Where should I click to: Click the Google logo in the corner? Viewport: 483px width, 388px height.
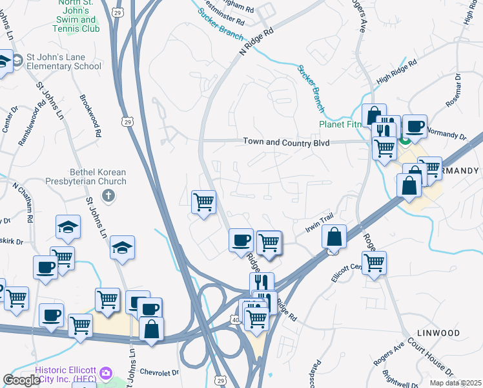click(x=21, y=380)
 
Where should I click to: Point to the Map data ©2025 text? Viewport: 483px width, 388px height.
click(x=456, y=383)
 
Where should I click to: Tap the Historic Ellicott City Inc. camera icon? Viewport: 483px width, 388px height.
click(x=105, y=374)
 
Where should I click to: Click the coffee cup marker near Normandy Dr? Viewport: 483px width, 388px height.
click(x=415, y=126)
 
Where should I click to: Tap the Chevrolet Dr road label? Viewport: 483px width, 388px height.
click(x=157, y=372)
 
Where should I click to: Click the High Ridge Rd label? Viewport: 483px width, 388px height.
click(x=396, y=70)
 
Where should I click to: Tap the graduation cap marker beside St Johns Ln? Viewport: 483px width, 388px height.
click(x=121, y=248)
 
